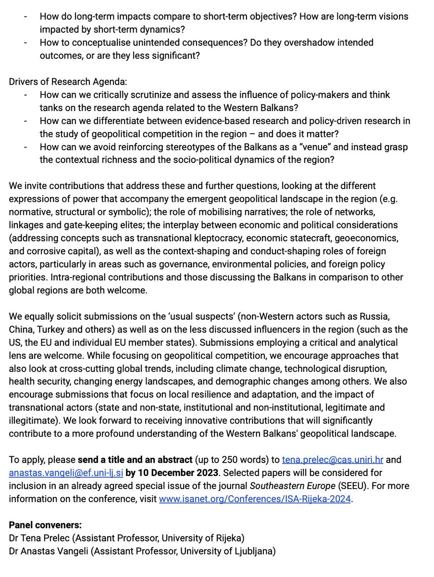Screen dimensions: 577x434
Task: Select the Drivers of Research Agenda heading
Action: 68,81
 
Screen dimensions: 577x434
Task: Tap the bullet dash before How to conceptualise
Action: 25,43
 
